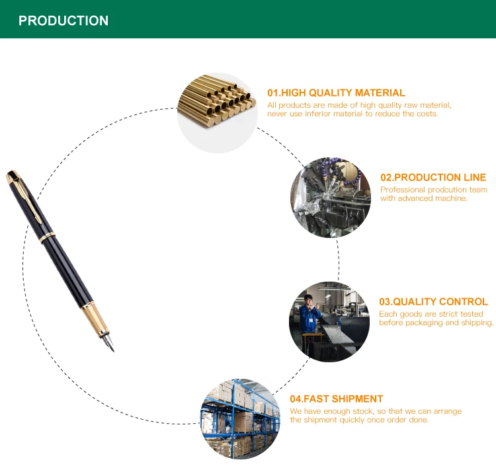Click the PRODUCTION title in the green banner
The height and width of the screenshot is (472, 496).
[x=63, y=20]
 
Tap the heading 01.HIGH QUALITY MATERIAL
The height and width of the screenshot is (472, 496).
[x=336, y=93]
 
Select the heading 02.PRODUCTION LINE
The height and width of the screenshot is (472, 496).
[x=433, y=177]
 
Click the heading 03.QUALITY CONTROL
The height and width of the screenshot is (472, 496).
[x=433, y=301]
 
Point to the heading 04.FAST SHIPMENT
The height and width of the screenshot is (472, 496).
[x=336, y=399]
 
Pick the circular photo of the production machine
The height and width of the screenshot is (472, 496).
[x=331, y=197]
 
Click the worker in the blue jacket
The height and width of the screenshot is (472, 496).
[x=309, y=321]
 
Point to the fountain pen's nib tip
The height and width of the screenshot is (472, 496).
[x=112, y=348]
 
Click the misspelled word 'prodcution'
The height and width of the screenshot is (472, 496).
[x=450, y=190]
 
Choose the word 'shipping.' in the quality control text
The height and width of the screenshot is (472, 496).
[x=475, y=323]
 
